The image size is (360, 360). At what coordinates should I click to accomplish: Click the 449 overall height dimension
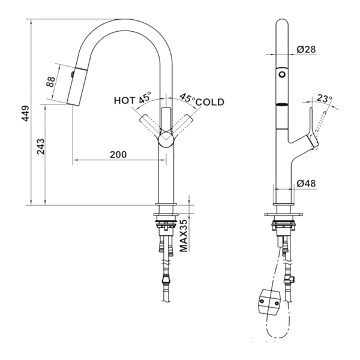coord(25,113)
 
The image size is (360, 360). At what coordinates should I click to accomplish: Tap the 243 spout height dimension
coord(41,146)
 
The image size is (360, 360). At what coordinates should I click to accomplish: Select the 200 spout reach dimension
coord(118,155)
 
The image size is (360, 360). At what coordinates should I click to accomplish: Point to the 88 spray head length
coord(51,82)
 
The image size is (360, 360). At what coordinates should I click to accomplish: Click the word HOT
coord(125,101)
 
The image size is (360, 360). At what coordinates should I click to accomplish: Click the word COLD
coord(210,102)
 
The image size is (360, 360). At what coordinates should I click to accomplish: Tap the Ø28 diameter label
coord(306,49)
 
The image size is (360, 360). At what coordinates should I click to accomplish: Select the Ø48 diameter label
coord(306,184)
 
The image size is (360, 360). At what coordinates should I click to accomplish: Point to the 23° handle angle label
coord(325,98)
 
